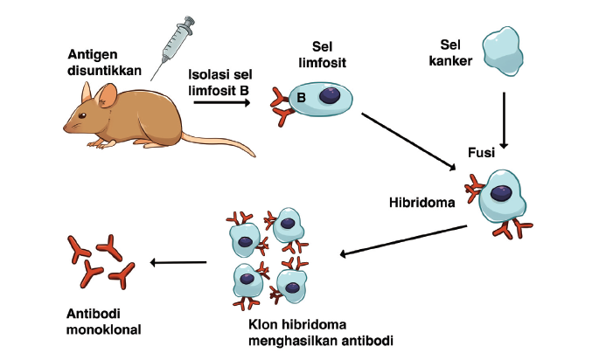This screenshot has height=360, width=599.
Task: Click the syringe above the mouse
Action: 172,43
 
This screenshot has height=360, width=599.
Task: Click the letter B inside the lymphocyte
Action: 300,97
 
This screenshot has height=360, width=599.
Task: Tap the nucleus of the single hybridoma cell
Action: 501,193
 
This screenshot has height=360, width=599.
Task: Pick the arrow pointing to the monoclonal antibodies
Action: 178,262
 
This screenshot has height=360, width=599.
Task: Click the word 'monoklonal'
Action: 103,329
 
